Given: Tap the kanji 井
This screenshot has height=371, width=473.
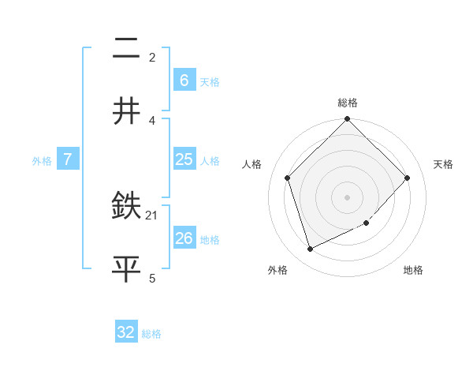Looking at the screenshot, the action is tap(126, 111).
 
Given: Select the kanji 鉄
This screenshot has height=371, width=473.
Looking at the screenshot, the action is tap(126, 208).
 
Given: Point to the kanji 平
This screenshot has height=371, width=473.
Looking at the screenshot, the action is tap(126, 268).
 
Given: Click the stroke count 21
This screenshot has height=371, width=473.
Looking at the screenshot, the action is tap(153, 215).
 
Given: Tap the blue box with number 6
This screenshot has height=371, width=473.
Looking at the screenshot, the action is tap(184, 80).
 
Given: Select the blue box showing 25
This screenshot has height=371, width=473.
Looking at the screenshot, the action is tap(184, 159).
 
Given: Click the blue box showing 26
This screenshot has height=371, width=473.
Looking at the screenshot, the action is tap(184, 238).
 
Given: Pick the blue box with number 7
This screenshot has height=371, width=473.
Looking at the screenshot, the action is tap(68, 159).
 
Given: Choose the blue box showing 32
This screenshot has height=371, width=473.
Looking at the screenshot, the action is tap(126, 332).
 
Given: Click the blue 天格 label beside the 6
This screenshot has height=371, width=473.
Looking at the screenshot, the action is tap(210, 81).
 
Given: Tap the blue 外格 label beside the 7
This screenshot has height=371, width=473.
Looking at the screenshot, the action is tap(42, 160).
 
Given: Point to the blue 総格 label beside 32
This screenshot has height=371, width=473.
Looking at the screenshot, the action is tap(151, 334).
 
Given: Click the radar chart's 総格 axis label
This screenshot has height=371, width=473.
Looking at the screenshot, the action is tap(348, 103).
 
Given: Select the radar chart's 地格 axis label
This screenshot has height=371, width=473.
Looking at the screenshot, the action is tap(413, 271).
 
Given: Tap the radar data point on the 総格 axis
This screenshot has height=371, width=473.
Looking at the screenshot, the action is tap(348, 120).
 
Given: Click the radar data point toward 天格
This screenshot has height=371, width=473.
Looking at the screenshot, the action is tap(408, 178).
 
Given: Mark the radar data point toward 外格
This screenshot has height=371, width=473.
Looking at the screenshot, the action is tap(311, 249).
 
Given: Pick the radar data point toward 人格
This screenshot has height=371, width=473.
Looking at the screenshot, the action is tap(288, 178).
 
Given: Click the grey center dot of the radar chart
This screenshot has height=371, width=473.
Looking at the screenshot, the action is tap(348, 197).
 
